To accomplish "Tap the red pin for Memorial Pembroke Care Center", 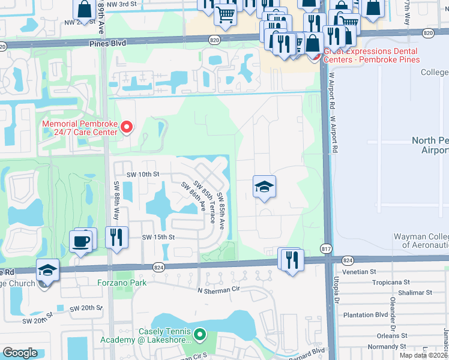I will pos(126,127).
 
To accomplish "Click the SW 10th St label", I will pos(142,174).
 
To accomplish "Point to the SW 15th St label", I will pos(158,237).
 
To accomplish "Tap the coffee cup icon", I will pos(82,241).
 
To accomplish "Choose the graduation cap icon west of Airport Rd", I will pos(264,187).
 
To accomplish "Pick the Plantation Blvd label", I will pos(366,314).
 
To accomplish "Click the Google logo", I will pos(20,352).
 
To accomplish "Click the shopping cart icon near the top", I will pos(225,13).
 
